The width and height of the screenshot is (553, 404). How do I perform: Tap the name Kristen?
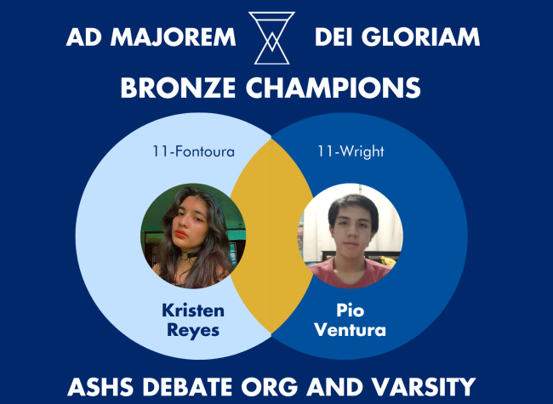185,309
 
